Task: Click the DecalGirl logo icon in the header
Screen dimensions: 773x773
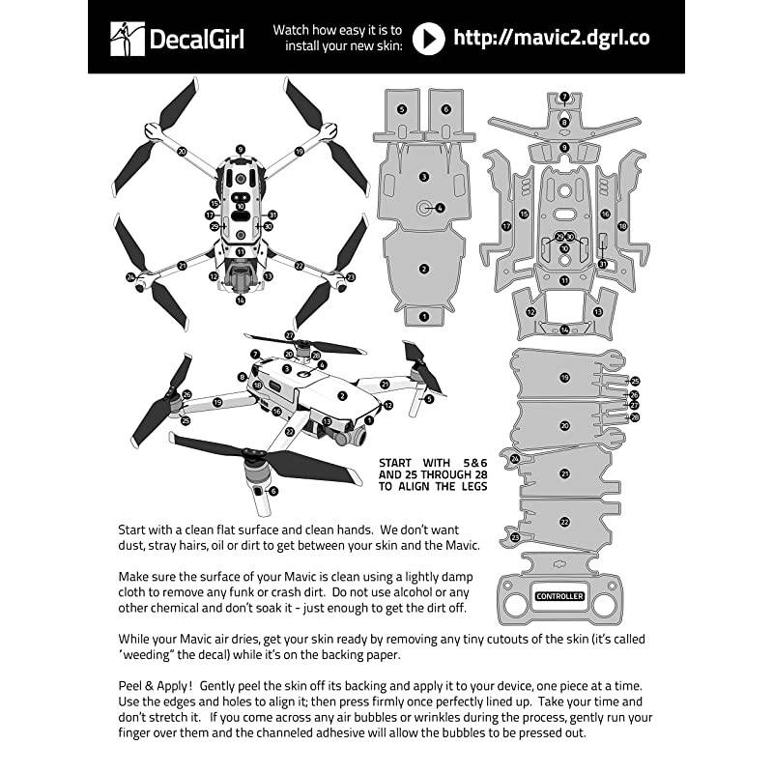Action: coord(127,39)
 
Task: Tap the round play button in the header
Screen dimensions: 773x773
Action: coord(429,38)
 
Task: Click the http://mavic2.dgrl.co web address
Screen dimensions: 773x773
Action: coord(551,38)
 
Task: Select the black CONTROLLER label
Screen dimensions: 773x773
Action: coord(559,596)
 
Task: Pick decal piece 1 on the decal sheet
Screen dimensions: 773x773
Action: coord(423,315)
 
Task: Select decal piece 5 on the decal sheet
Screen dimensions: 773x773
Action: coord(402,110)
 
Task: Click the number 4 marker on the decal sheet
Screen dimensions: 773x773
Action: coord(439,207)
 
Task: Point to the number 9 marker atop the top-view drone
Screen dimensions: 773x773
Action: coord(240,150)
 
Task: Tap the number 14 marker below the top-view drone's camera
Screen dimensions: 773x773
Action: coord(240,300)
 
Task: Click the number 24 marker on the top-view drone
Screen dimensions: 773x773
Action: coord(130,277)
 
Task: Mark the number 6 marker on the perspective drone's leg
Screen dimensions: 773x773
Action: coord(273,491)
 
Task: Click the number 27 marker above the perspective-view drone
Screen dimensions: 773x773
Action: coord(289,335)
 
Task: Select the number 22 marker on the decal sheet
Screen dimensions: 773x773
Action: coord(564,521)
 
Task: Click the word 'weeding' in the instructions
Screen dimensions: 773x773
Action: coord(154,654)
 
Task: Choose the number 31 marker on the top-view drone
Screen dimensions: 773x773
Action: coord(273,215)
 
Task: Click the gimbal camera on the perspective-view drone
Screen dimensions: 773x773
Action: coord(340,434)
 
